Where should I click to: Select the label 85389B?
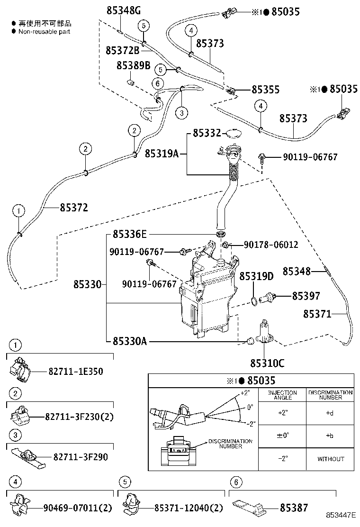133,65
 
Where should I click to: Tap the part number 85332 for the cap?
207,133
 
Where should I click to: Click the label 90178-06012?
270,245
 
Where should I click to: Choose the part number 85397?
306,296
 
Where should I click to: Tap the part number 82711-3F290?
81,457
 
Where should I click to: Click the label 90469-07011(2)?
77,508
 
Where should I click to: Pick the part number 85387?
293,508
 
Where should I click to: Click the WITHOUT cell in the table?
330,459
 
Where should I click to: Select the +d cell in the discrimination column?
330,413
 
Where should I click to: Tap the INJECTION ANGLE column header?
283,395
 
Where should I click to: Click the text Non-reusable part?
44,31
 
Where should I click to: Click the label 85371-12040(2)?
188,508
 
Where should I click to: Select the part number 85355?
265,90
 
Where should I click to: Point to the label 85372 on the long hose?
73,207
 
